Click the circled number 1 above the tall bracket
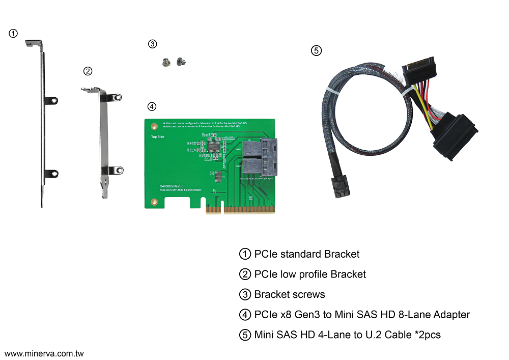tap(14, 34)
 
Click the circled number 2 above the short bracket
tap(88, 71)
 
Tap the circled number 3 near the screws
tap(152, 44)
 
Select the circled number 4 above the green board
tap(152, 106)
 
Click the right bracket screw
tap(180, 62)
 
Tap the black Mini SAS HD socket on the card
tap(259, 157)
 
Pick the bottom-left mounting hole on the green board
tap(153, 202)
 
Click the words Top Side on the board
tap(157, 136)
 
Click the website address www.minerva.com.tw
tap(44, 353)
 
